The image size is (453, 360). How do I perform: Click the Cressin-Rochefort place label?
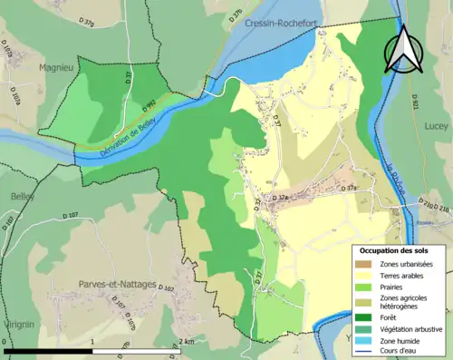(280, 24)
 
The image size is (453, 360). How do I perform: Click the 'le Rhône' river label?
(394, 179)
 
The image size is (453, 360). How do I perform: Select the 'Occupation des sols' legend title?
(394, 249)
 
